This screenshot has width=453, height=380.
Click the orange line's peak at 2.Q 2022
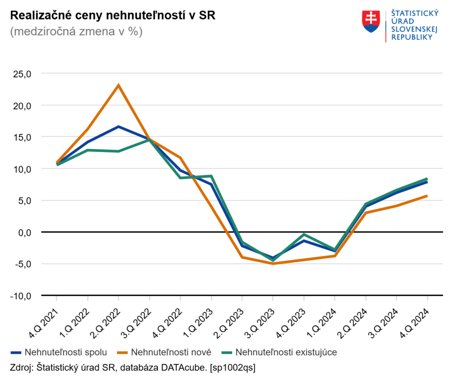(x=118, y=85)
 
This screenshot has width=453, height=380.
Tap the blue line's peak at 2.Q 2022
(x=118, y=126)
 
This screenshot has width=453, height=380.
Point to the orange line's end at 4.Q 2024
(x=427, y=196)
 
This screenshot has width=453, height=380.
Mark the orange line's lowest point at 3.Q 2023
(x=273, y=263)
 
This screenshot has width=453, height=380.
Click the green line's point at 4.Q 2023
(x=303, y=234)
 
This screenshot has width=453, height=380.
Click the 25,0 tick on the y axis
(x=22, y=74)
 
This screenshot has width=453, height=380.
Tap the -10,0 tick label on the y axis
(x=20, y=295)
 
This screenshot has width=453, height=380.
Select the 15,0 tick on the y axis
(x=22, y=137)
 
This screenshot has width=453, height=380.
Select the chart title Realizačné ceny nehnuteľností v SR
(x=112, y=16)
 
